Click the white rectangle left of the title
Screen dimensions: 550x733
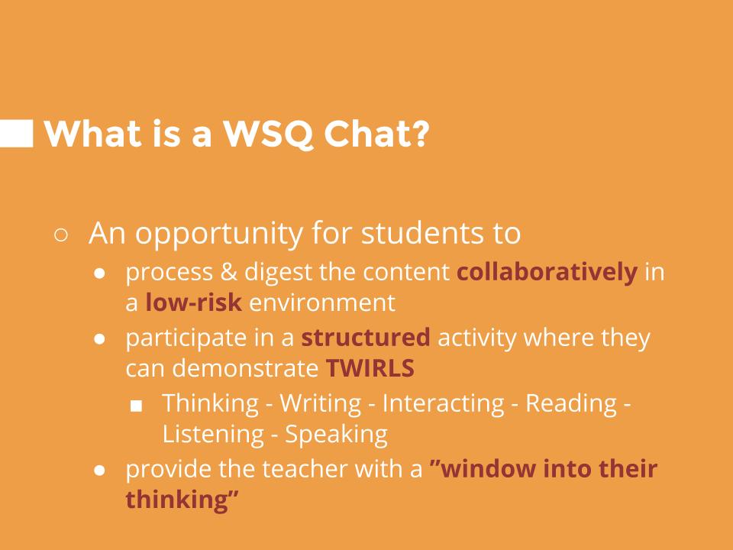tap(16, 134)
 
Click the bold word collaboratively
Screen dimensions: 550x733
tap(547, 273)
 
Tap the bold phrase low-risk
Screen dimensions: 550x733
tap(194, 302)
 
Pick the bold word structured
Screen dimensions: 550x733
tap(366, 338)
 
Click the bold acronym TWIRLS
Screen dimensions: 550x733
tap(370, 368)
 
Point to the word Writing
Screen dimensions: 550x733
tap(321, 403)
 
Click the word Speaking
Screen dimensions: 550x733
tap(336, 435)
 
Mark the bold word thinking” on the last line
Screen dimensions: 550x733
tap(182, 500)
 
